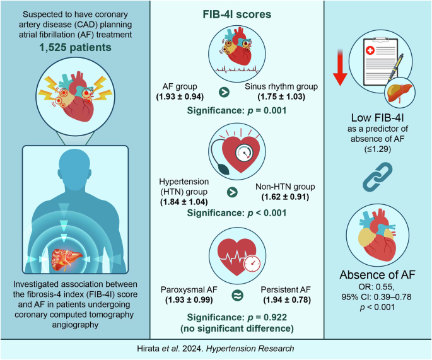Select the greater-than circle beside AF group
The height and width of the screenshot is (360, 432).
coord(223,92)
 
